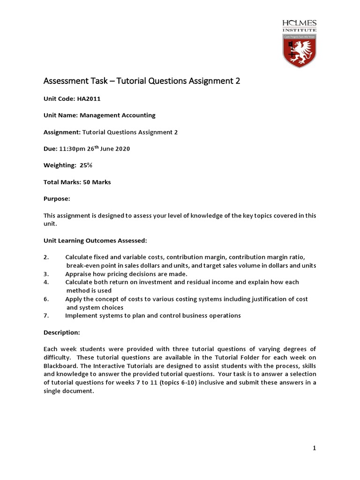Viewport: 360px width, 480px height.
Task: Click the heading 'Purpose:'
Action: [57, 199]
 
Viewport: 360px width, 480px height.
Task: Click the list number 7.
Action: [46, 315]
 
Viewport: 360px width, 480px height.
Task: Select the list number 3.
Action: [46, 274]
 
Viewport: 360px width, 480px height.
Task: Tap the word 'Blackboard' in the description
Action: [60, 366]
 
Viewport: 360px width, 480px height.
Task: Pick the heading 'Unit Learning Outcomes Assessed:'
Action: [95, 240]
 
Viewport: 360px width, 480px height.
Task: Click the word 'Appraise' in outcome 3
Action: [78, 274]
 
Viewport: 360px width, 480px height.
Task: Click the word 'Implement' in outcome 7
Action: [81, 315]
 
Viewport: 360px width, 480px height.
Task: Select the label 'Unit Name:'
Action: [60, 115]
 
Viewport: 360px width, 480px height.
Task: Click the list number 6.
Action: [46, 299]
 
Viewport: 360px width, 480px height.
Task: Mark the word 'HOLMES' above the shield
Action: [300, 23]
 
